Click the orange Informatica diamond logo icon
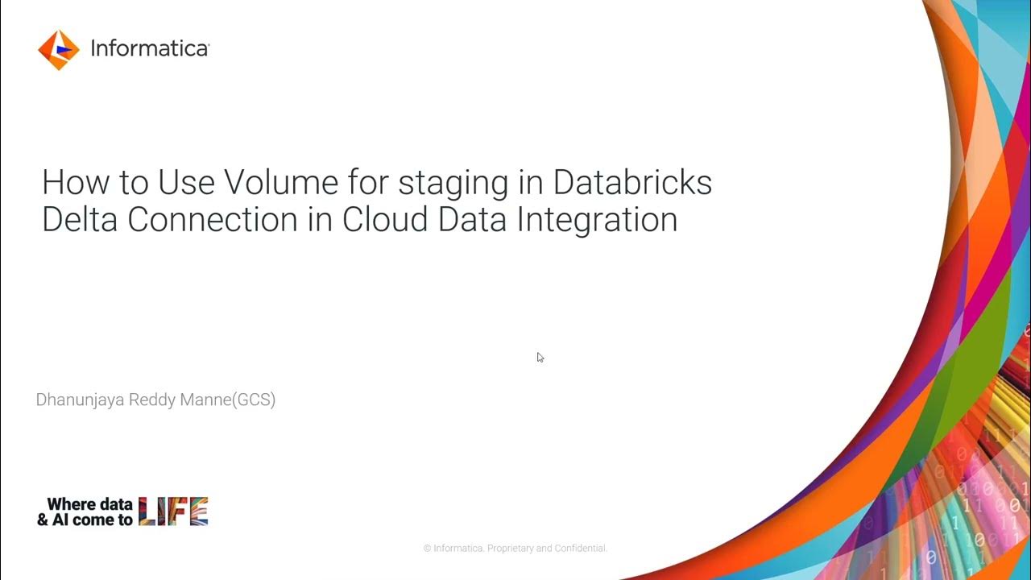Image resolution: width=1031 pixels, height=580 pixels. tap(59, 50)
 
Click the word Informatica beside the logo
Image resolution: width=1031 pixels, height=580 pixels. tap(150, 49)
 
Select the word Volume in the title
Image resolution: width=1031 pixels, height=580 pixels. tap(281, 183)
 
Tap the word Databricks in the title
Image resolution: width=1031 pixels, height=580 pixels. tap(632, 183)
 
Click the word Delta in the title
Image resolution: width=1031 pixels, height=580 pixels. tap(78, 220)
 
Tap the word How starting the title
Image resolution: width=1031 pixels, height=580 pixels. tap(72, 183)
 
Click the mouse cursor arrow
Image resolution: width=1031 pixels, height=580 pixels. tap(540, 357)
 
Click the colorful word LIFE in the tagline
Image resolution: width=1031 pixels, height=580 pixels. tap(173, 512)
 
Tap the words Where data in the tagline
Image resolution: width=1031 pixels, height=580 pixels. tap(89, 505)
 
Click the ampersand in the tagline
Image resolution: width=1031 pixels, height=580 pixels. tap(43, 520)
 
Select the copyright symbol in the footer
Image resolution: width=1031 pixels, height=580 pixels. tap(428, 549)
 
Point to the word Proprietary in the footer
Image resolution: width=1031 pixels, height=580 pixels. tap(510, 549)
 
